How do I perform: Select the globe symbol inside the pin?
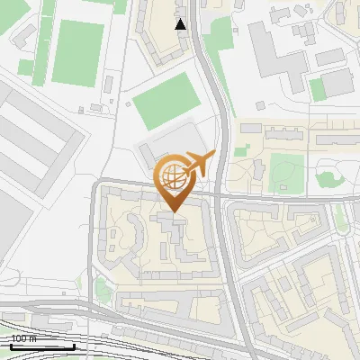coord(172,176)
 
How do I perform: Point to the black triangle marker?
coord(181,23)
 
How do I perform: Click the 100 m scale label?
coord(23,339)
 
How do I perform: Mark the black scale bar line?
coord(41,346)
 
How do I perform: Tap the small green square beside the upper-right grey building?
coord(317,88)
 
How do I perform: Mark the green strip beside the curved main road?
coord(219,40)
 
